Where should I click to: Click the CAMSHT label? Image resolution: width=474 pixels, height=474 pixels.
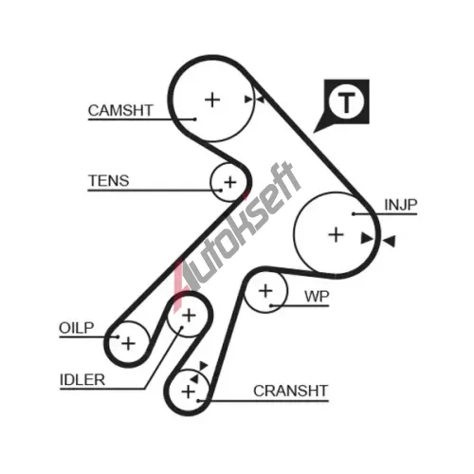[120, 110]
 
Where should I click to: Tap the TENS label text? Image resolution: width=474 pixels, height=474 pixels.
[109, 181]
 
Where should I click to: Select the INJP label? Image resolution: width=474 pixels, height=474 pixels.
[401, 205]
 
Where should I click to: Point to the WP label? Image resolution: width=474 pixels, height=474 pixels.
[317, 297]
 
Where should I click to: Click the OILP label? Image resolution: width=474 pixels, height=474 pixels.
[77, 328]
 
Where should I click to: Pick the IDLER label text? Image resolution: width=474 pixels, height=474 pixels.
[82, 379]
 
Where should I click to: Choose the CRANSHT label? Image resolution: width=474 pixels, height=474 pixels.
[290, 391]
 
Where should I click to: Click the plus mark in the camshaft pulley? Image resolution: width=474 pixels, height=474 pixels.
[212, 100]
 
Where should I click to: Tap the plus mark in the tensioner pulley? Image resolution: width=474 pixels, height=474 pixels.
[230, 182]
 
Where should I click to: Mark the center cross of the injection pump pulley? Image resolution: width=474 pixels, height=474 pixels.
[336, 235]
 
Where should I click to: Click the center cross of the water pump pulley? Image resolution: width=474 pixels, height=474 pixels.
[265, 291]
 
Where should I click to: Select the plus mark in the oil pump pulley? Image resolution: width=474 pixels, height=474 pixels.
[128, 343]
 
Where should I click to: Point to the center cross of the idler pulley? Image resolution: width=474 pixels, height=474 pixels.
[189, 316]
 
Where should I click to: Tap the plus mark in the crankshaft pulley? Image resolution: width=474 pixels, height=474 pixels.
[189, 392]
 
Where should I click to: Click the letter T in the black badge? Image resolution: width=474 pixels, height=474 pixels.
[346, 102]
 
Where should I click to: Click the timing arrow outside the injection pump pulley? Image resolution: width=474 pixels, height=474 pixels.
[389, 241]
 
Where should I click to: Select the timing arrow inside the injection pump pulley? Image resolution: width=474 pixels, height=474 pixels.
[367, 238]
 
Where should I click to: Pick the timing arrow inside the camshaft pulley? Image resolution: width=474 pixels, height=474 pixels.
[248, 100]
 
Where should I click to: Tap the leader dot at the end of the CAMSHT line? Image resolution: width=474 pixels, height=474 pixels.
[195, 119]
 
